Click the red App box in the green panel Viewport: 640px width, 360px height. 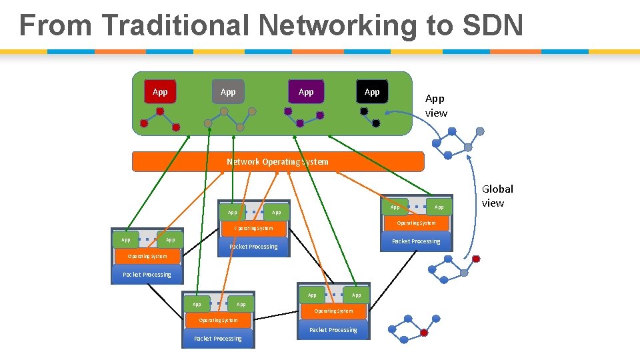(x=160, y=92)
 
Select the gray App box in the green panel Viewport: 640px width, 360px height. (x=228, y=92)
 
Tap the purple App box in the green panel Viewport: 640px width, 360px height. (x=306, y=92)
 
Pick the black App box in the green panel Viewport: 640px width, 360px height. (x=372, y=92)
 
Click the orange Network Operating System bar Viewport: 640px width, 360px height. (x=277, y=162)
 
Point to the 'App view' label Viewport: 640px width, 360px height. (x=436, y=106)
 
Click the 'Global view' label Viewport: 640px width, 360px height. (x=497, y=196)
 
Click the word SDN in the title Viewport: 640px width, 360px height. (x=489, y=26)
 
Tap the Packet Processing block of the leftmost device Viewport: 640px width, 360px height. (x=147, y=275)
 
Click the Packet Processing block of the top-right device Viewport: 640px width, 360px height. (x=416, y=241)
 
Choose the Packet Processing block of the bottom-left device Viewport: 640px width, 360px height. (x=218, y=339)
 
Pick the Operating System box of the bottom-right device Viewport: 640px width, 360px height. (x=333, y=311)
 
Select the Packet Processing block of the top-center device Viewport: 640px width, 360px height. (x=253, y=247)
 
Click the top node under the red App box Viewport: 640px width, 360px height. (x=160, y=111)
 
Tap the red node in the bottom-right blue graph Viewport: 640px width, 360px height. (x=424, y=333)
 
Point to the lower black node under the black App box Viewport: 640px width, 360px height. (x=376, y=123)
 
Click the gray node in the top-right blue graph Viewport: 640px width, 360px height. (x=468, y=147)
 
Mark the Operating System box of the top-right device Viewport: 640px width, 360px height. (x=416, y=223)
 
